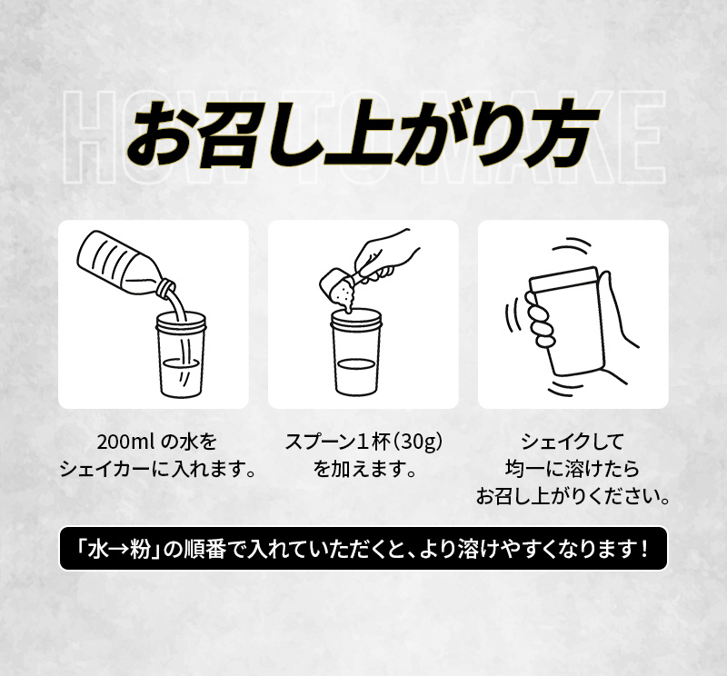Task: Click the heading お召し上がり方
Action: coord(363,135)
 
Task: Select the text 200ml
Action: coord(124,443)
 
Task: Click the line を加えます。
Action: coord(363,471)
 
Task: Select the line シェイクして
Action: coord(573,443)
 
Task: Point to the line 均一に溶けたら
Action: coord(573,471)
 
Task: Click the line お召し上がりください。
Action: coord(573,498)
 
